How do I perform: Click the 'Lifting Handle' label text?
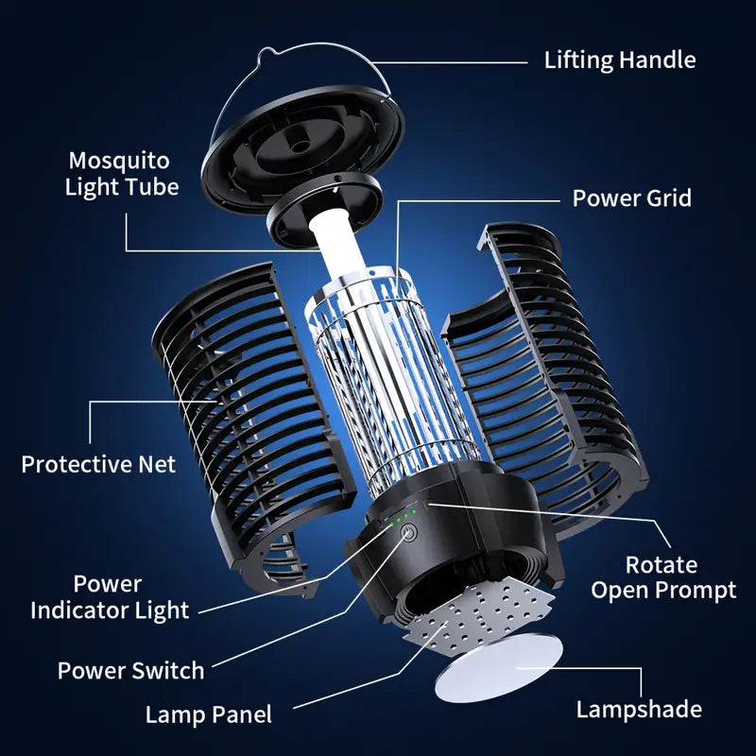(619, 60)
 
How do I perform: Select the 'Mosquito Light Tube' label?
(122, 172)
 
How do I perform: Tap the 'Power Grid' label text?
(631, 198)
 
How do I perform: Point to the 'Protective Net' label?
(98, 464)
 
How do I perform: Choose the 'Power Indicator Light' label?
(109, 596)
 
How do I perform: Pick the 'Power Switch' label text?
(130, 671)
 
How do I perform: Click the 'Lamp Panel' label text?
(208, 714)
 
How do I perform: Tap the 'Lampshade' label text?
(638, 709)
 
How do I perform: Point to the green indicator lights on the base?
(404, 516)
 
